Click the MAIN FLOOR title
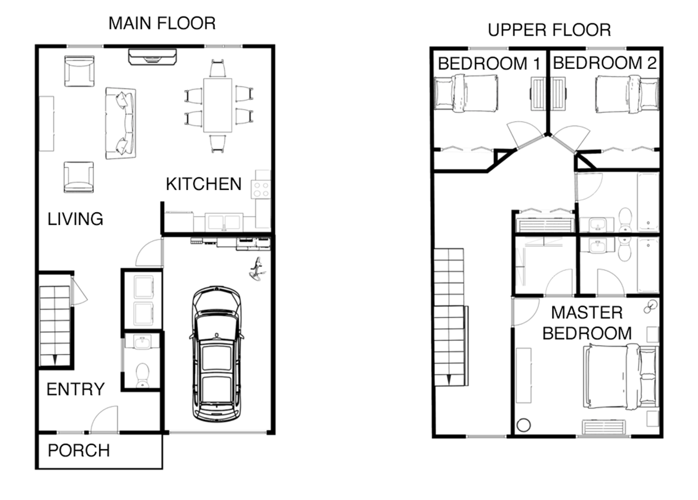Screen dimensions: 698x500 (x=162, y=24)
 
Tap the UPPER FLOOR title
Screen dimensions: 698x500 (x=549, y=30)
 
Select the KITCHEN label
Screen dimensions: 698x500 (x=204, y=184)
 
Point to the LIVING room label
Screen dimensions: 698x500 (x=75, y=219)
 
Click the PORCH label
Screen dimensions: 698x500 (x=79, y=451)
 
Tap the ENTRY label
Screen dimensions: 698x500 (x=75, y=389)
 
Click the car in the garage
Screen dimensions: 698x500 (x=216, y=354)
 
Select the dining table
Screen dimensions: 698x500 (x=217, y=106)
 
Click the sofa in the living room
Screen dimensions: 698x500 (x=121, y=123)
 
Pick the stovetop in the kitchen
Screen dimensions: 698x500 (x=261, y=189)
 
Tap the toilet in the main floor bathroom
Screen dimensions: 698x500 (x=143, y=375)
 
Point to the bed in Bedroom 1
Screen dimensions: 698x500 (x=466, y=93)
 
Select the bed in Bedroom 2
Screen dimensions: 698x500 (x=627, y=94)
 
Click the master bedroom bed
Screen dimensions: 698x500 (x=621, y=376)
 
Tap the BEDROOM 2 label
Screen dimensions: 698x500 (x=605, y=63)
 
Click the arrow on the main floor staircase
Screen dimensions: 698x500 (x=55, y=360)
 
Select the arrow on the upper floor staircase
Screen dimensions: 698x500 (x=449, y=380)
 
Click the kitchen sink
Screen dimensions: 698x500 (x=224, y=222)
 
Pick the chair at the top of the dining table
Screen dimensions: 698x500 (x=217, y=69)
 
